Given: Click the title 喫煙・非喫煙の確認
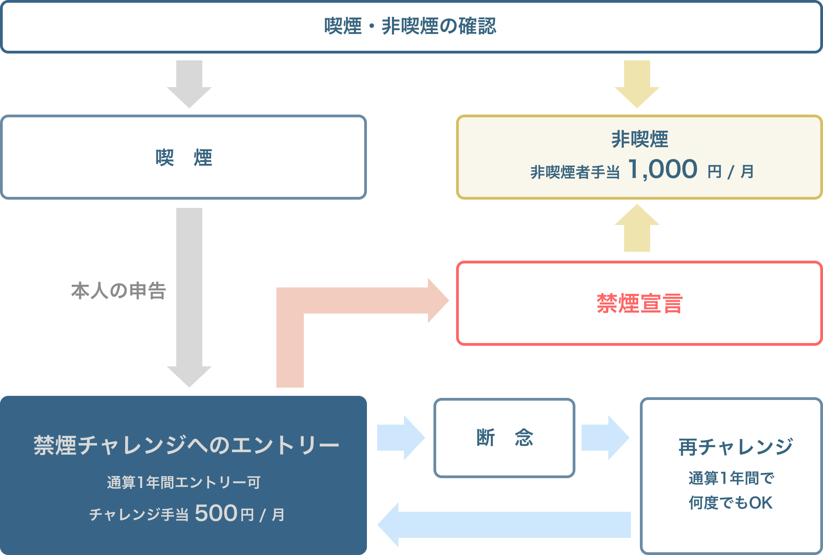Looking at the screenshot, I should tap(410, 26).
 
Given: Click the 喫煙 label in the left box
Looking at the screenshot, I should tap(184, 157).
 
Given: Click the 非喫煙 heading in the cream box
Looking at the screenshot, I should tap(640, 139).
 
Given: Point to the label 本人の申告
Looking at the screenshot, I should tap(119, 291).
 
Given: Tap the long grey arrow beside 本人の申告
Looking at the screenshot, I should tap(189, 294).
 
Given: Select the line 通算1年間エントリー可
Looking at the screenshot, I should tap(184, 482).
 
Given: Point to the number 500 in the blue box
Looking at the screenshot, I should tap(216, 513).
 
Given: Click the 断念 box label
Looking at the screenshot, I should tap(504, 437).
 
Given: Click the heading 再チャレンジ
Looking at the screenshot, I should tap(736, 447).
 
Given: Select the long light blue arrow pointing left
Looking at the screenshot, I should tap(502, 524).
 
